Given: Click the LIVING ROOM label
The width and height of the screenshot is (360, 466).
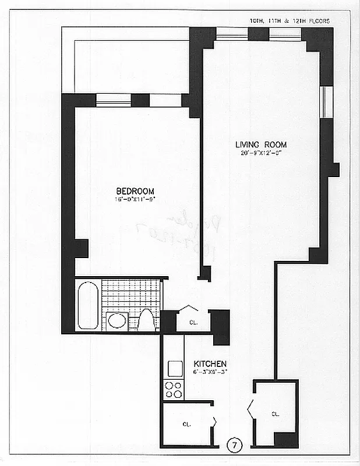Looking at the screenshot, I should click(x=260, y=144).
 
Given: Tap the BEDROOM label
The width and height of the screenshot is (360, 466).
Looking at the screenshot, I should click(x=135, y=191).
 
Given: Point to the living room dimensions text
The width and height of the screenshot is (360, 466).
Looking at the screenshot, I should click(x=260, y=154).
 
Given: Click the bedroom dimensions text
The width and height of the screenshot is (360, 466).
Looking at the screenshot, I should click(x=135, y=200).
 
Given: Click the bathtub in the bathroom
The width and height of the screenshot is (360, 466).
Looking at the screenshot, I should click(x=89, y=305).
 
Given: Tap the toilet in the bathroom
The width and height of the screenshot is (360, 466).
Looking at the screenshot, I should click(x=147, y=320).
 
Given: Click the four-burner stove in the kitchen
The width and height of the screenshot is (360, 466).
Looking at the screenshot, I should click(x=174, y=389).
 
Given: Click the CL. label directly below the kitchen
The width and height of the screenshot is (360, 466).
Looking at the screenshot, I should click(x=187, y=424).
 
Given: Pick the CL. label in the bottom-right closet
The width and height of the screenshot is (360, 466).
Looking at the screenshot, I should click(x=276, y=414).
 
